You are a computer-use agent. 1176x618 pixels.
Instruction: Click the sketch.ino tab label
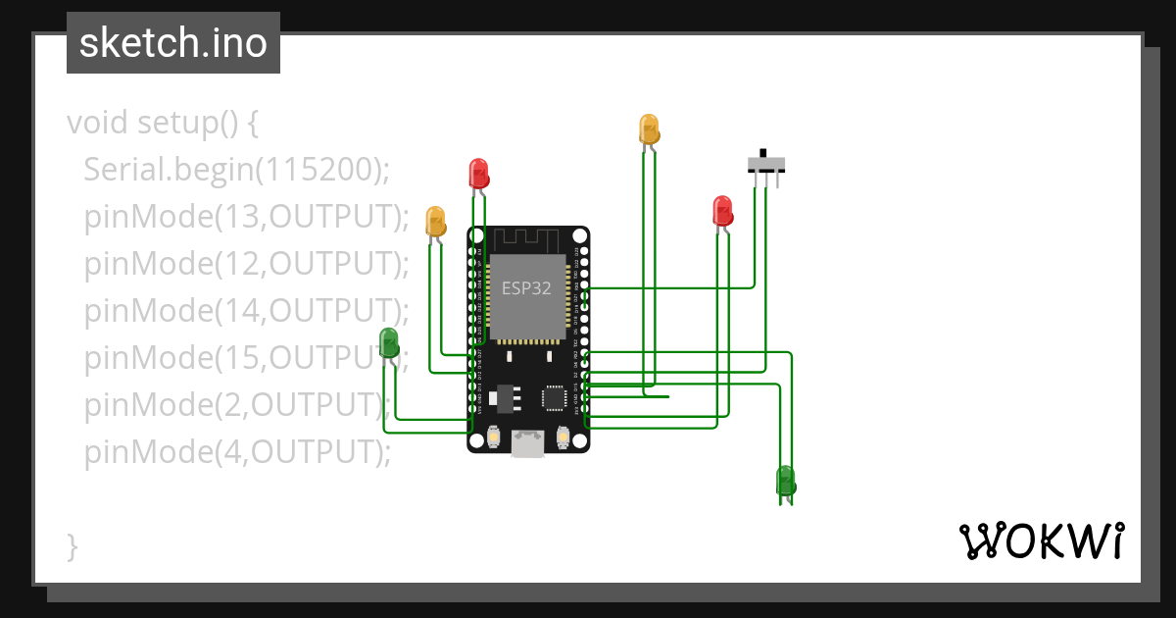(173, 43)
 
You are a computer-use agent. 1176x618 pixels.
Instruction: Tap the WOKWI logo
(1041, 541)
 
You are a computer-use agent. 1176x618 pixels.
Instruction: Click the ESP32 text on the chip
(526, 288)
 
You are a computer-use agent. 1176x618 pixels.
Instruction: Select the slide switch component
(765, 163)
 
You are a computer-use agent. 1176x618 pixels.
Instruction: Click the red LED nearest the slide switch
(722, 211)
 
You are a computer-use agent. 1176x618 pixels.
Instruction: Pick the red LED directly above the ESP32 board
(478, 174)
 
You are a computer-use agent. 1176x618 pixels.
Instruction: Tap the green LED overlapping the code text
(389, 343)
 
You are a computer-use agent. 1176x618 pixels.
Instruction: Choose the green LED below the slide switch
(785, 481)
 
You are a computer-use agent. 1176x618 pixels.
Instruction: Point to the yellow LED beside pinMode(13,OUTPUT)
(435, 221)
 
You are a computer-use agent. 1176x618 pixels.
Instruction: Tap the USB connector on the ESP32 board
(528, 444)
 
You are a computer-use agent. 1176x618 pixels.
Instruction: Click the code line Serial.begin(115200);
(236, 169)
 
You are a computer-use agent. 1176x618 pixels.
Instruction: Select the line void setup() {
(162, 124)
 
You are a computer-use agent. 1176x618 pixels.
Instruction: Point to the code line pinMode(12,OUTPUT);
(246, 263)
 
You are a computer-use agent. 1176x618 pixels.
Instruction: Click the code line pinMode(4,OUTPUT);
(237, 451)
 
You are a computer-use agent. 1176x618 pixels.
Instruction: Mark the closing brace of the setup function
(72, 545)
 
